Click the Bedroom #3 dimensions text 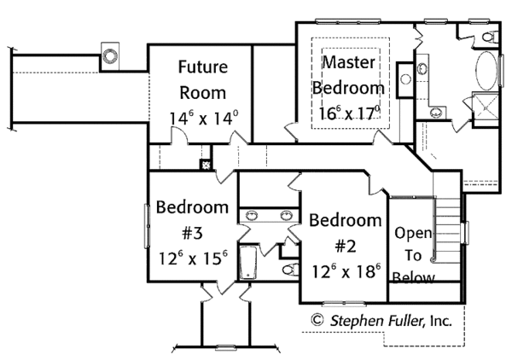(191, 255)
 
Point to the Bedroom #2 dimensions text (344, 273)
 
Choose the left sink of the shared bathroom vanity (253, 216)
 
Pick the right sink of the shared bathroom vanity (288, 216)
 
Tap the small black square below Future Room (206, 165)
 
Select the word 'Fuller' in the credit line (405, 322)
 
